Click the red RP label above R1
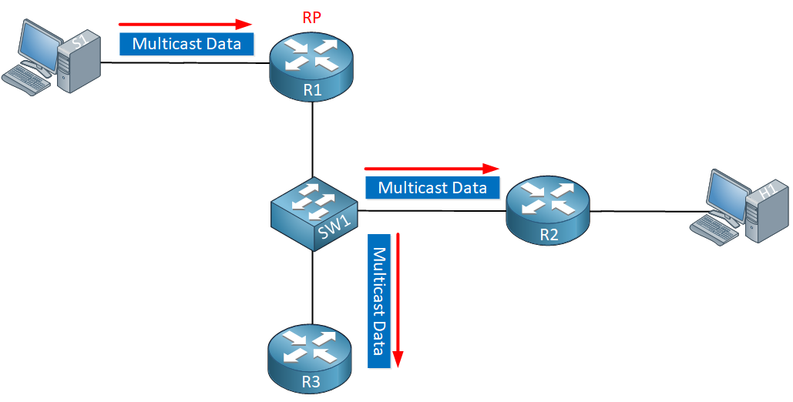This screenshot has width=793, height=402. [311, 18]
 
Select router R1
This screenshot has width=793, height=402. [311, 68]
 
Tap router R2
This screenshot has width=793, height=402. [548, 212]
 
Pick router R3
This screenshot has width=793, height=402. [311, 359]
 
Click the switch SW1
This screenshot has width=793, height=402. [314, 214]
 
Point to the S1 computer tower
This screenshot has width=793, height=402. [79, 62]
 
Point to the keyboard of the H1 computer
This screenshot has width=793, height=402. [717, 230]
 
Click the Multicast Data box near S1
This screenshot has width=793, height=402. [186, 43]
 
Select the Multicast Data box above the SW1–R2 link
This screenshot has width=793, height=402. [432, 188]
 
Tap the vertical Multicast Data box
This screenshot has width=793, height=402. [379, 301]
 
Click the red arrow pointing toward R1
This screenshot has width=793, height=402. [185, 24]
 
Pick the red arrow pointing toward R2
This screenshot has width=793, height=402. [432, 169]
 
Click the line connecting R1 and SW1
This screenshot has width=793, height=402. [313, 139]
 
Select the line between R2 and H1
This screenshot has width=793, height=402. [643, 211]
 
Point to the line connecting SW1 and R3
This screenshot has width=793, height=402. [313, 287]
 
